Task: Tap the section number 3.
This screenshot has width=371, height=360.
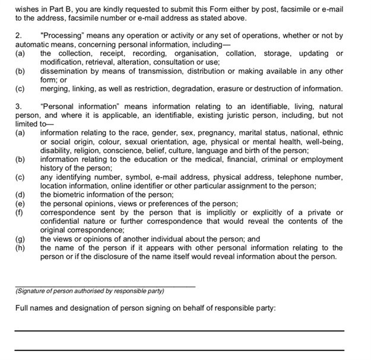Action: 18,106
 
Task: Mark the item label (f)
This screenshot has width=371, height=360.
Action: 20,212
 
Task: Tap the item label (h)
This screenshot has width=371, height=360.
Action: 20,248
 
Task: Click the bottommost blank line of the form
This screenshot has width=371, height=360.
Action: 179,349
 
